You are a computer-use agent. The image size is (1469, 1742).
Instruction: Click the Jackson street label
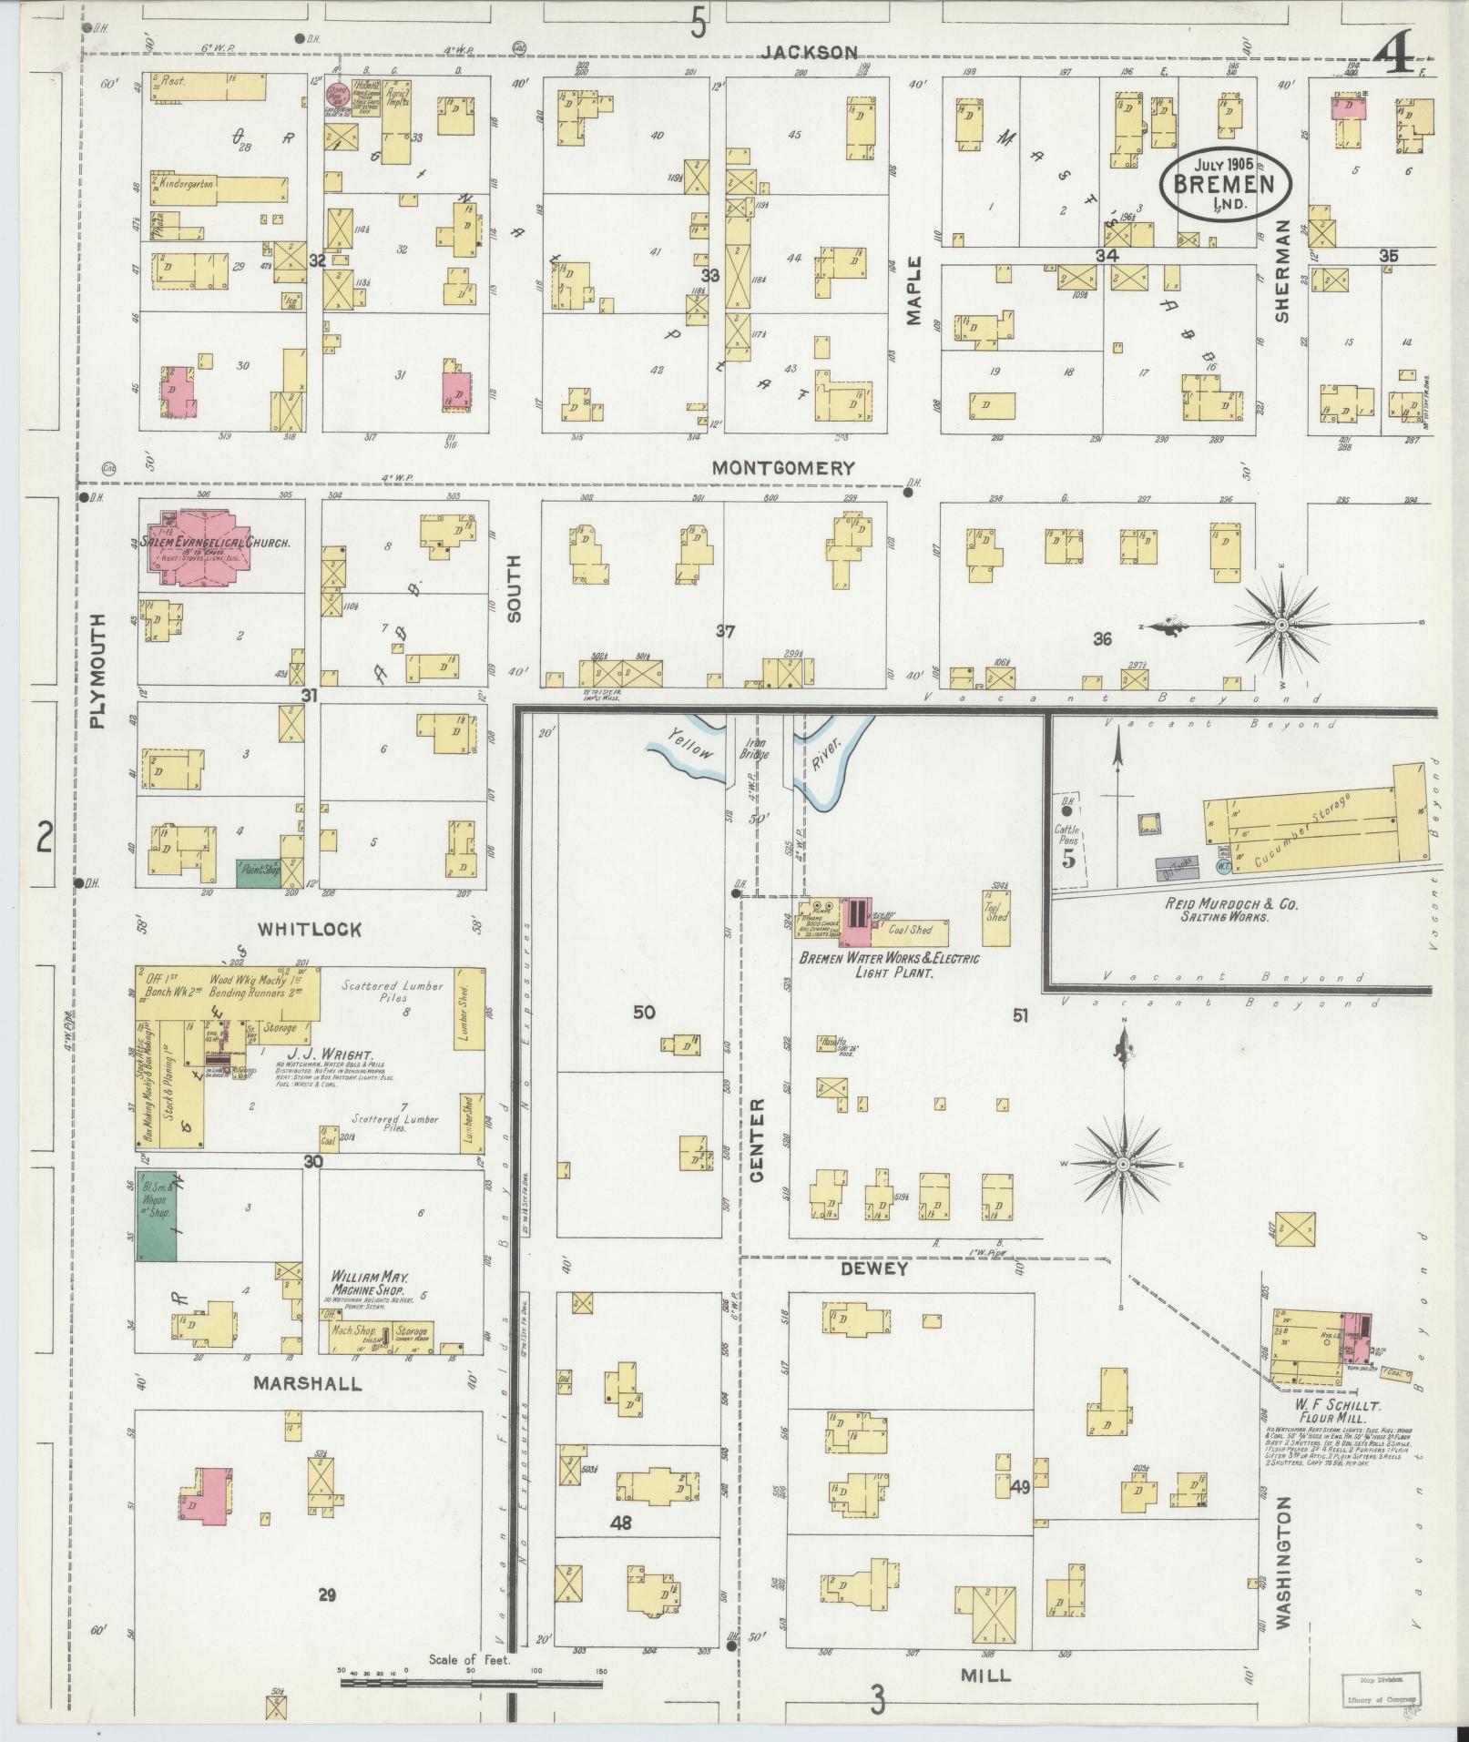click(810, 52)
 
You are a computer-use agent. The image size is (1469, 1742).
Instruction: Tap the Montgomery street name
click(783, 468)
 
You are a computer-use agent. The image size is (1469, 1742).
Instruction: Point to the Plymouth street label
click(98, 670)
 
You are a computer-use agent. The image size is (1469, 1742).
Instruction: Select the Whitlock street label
click(309, 930)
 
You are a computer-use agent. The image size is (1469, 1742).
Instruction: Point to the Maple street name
click(914, 290)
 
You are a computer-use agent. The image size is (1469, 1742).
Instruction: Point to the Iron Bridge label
click(756, 749)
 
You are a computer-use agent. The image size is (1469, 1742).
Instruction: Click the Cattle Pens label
click(1066, 835)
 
